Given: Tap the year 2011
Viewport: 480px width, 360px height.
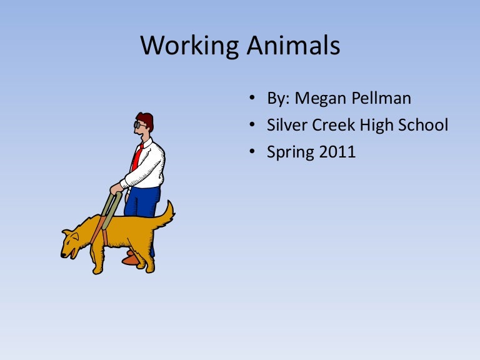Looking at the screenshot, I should (x=336, y=151).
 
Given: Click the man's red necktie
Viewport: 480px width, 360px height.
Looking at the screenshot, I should (x=136, y=157).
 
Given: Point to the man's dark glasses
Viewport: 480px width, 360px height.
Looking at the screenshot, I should (x=138, y=125).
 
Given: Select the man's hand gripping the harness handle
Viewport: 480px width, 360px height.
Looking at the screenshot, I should (x=117, y=188).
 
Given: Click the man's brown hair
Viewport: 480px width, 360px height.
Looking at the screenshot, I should (x=146, y=119).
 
